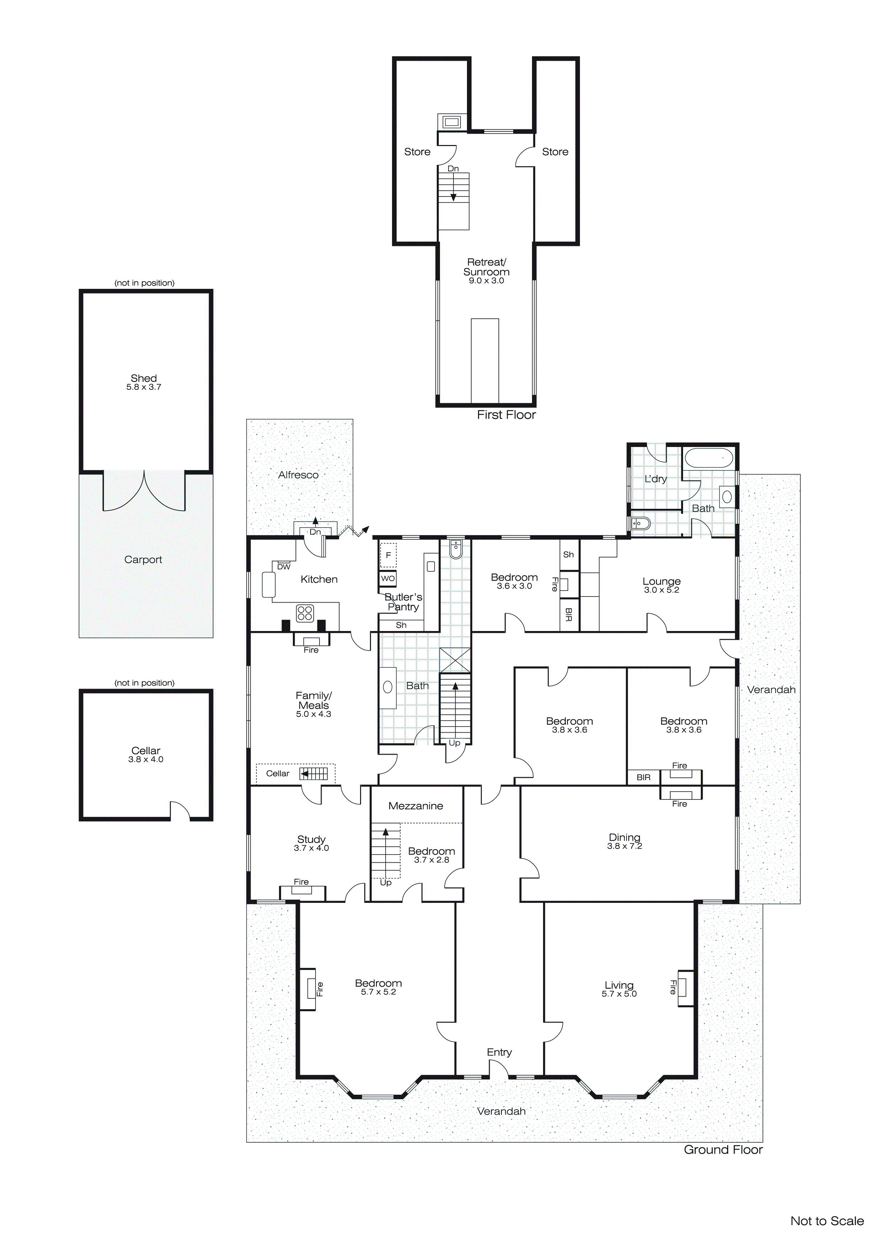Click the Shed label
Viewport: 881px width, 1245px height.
pos(144,378)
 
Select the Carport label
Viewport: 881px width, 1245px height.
pos(143,560)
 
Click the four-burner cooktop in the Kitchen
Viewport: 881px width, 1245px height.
pos(305,613)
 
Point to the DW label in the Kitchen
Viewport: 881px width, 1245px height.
pos(284,567)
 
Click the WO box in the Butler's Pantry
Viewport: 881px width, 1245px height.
pos(388,578)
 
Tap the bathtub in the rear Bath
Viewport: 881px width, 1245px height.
pos(710,459)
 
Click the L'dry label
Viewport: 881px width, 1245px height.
pos(655,479)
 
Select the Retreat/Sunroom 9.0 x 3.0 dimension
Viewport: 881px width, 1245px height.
pos(486,281)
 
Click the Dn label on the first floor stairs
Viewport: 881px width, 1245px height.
pos(453,169)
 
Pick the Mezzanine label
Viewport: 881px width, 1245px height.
pos(415,806)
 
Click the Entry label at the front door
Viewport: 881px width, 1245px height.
pos(499,1052)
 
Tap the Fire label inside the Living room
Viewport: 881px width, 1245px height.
pos(673,987)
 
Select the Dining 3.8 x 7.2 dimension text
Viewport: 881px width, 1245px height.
pos(624,846)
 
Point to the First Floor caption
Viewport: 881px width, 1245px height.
pos(506,415)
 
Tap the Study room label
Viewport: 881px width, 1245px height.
pos(311,839)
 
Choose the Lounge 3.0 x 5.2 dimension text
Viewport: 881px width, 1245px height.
pos(661,590)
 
